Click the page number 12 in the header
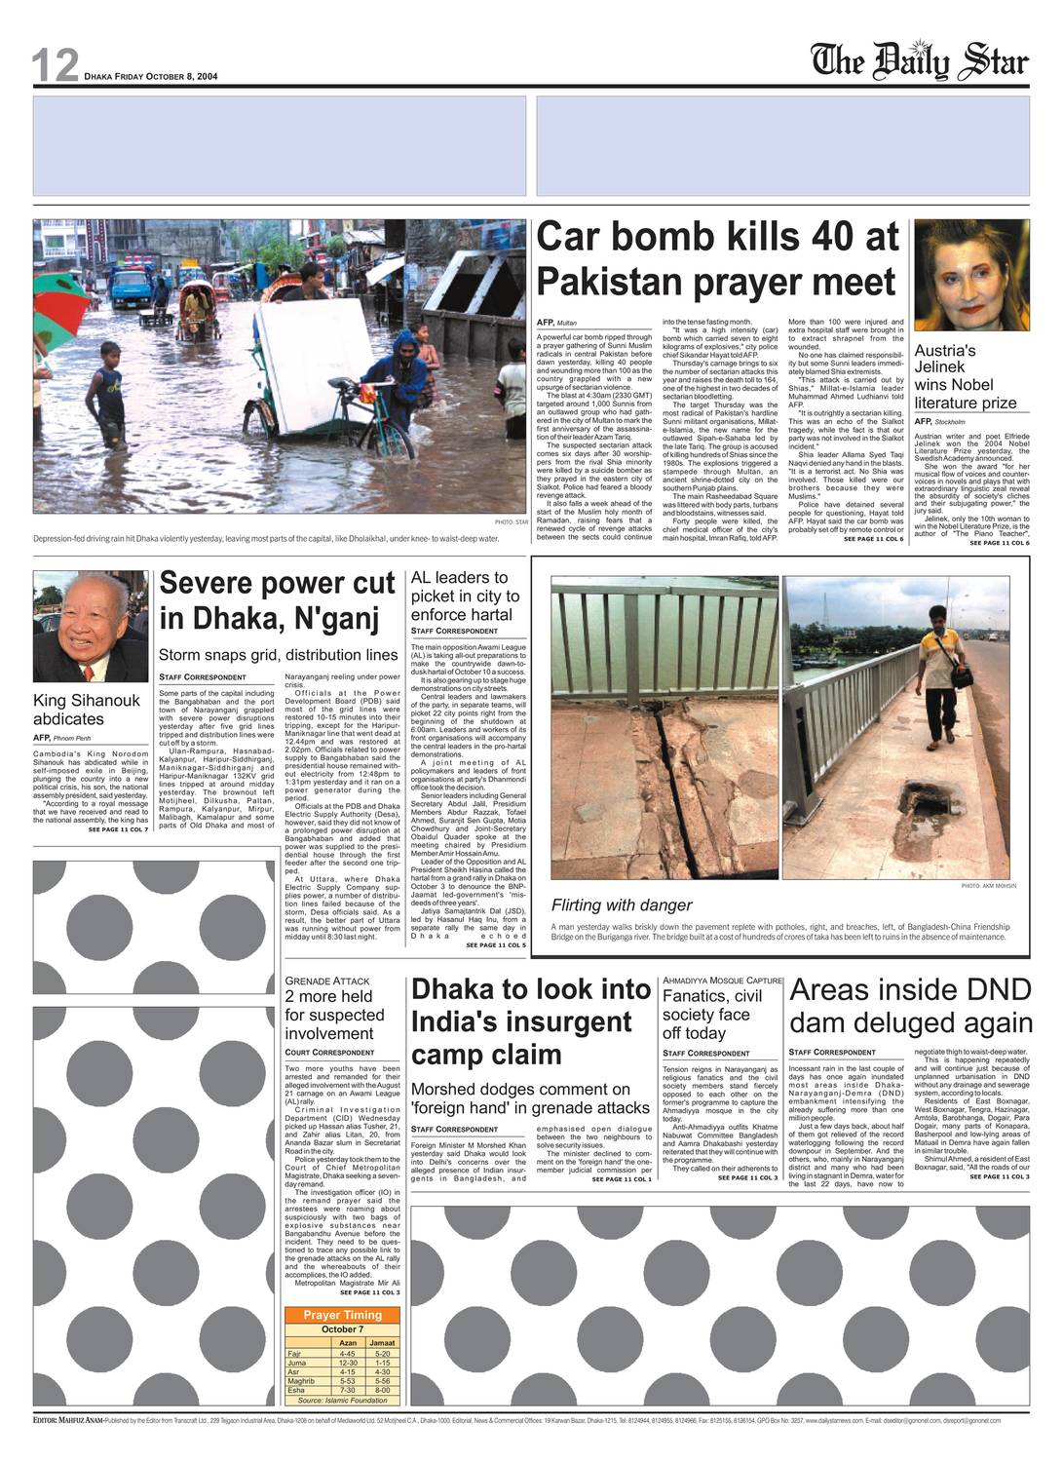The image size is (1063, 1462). tap(55, 65)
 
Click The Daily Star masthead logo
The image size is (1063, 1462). tap(920, 60)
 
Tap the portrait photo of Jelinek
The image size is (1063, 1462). tap(970, 276)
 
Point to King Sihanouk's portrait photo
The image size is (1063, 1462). tap(90, 627)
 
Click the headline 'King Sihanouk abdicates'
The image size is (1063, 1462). tap(87, 710)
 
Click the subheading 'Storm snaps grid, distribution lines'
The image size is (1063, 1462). tap(278, 655)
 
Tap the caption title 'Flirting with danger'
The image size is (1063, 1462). tap(622, 905)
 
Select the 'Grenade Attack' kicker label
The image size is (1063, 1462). tap(327, 981)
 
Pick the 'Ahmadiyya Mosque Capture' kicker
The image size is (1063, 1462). tap(722, 981)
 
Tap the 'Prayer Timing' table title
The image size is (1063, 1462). tap(342, 1315)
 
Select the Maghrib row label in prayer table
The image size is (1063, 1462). tap(301, 1381)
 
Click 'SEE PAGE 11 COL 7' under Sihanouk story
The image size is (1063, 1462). tap(118, 829)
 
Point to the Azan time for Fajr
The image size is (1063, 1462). tap(347, 1354)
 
